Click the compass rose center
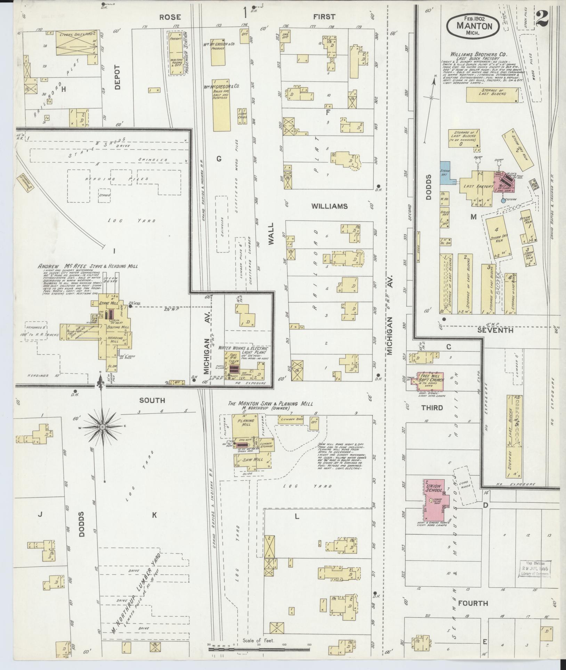(x=103, y=427)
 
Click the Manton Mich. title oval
(x=474, y=25)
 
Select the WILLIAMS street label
(x=329, y=206)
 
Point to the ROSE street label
(x=170, y=16)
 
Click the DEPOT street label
(x=117, y=77)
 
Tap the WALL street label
(x=271, y=235)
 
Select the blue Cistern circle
(x=503, y=200)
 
